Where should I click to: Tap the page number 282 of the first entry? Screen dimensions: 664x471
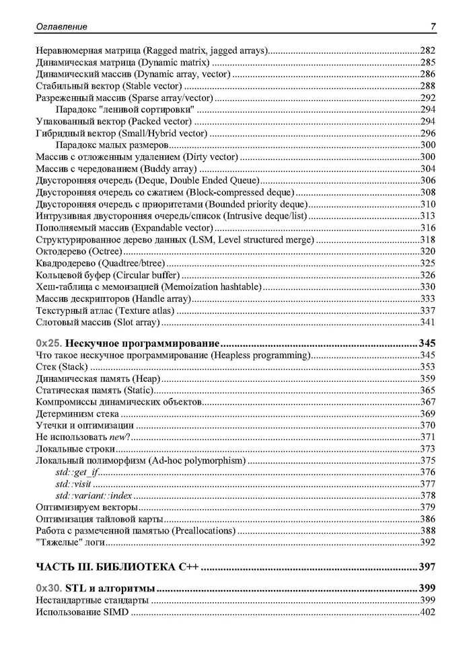427,50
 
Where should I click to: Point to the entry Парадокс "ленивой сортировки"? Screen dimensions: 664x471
125,110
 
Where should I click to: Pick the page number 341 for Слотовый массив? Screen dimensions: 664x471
427,322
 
